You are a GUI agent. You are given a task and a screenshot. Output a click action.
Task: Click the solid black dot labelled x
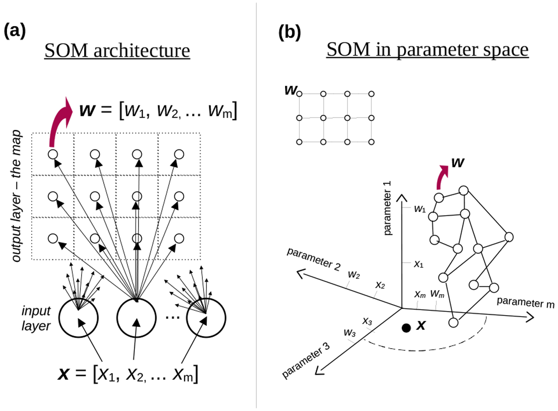click(x=406, y=328)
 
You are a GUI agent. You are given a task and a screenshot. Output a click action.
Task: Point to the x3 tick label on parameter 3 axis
click(x=367, y=321)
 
